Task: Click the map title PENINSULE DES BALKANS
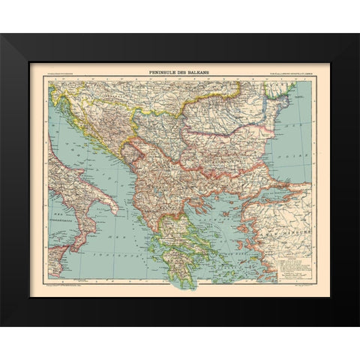point(180,73)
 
